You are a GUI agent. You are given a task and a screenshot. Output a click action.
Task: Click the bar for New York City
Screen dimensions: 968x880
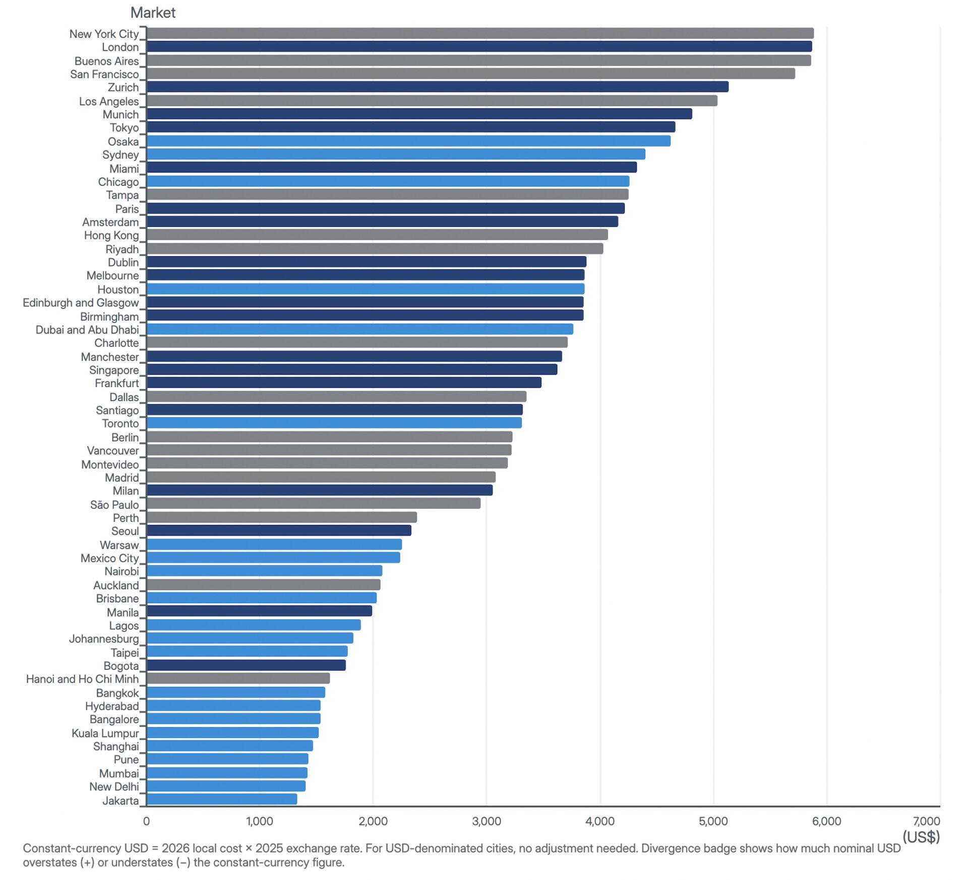pyautogui.click(x=480, y=33)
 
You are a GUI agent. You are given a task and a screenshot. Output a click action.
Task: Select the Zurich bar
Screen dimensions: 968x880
pyautogui.click(x=437, y=87)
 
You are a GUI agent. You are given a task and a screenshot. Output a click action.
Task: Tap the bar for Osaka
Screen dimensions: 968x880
pyautogui.click(x=408, y=141)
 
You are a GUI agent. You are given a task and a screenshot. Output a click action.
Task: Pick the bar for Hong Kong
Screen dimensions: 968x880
pyautogui.click(x=377, y=234)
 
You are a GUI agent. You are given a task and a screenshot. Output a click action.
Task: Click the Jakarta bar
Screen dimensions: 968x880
pyautogui.click(x=221, y=799)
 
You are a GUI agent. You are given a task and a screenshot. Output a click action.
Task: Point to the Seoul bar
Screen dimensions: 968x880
pyautogui.click(x=279, y=531)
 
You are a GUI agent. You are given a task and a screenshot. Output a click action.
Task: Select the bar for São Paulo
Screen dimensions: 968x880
pyautogui.click(x=313, y=503)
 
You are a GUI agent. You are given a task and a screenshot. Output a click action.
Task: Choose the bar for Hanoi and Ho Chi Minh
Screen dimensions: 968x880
pyautogui.click(x=238, y=678)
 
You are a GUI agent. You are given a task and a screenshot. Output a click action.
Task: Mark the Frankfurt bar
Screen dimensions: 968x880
pyautogui.click(x=344, y=383)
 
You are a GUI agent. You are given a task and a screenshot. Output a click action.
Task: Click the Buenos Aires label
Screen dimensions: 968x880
pyautogui.click(x=106, y=61)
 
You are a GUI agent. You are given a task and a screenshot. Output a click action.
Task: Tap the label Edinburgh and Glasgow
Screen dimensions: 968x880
pyautogui.click(x=81, y=303)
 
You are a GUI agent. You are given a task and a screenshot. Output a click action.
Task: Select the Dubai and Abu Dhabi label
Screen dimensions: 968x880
pyautogui.click(x=87, y=330)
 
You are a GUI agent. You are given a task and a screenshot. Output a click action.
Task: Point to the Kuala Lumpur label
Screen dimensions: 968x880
pyautogui.click(x=105, y=733)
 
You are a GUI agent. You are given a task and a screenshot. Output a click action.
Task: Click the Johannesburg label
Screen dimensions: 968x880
pyautogui.click(x=104, y=639)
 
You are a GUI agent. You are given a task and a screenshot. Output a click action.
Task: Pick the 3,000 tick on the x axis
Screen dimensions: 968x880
pyautogui.click(x=487, y=822)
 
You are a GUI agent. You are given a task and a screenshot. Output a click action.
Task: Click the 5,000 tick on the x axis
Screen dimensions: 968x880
pyautogui.click(x=713, y=822)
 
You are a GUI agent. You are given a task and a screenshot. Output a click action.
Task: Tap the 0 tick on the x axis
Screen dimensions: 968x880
pyautogui.click(x=146, y=822)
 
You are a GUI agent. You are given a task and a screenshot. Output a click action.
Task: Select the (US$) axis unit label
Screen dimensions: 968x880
pyautogui.click(x=921, y=837)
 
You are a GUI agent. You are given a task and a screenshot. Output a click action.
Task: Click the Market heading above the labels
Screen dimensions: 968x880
pyautogui.click(x=153, y=13)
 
